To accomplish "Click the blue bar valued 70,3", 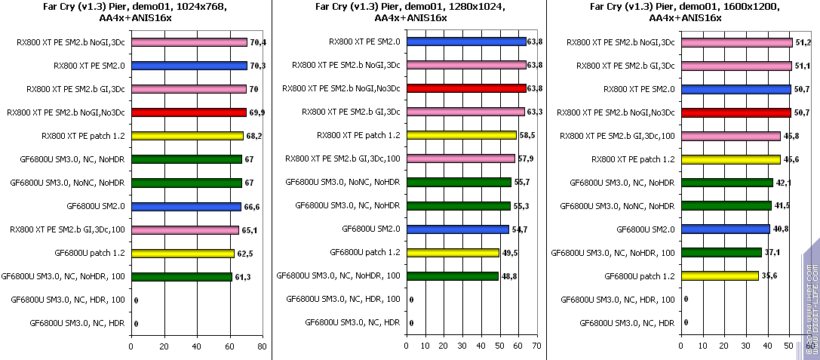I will [189, 66].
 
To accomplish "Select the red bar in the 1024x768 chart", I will [189, 112].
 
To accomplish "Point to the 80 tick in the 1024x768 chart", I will [261, 346].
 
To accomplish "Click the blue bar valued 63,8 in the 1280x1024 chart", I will [466, 42].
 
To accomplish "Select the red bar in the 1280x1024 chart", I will [466, 88].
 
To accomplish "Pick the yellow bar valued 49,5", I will [453, 253].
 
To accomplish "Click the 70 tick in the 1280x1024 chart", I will [536, 346].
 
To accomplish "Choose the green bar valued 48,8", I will [452, 276].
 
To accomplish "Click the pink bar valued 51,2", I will [736, 42].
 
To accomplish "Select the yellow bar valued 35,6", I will [720, 276].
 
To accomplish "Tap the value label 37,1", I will [771, 253].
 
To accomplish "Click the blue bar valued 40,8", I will [725, 229].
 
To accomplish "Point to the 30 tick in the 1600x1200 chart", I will [746, 346].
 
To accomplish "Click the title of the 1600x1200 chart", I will [683, 11].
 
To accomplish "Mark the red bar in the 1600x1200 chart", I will [736, 112].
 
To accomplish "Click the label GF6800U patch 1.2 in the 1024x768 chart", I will [90, 253].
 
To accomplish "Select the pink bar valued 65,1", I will [185, 229].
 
